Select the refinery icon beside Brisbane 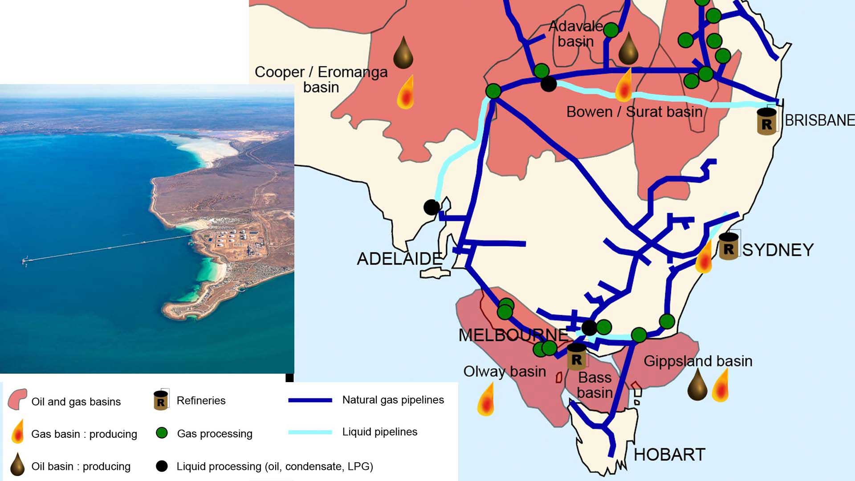point(766,121)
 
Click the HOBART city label point(669,455)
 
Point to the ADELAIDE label point(399,259)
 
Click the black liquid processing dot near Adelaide point(431,207)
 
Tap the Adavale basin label point(575,34)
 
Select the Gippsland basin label point(697,361)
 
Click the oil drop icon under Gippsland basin point(697,386)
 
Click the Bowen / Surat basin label point(634,112)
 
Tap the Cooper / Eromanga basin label point(321,79)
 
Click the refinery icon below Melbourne point(576,357)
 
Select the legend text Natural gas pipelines point(393,400)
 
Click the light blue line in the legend point(310,432)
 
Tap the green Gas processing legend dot point(162,433)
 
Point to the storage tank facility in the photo point(232,238)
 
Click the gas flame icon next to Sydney point(704,258)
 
